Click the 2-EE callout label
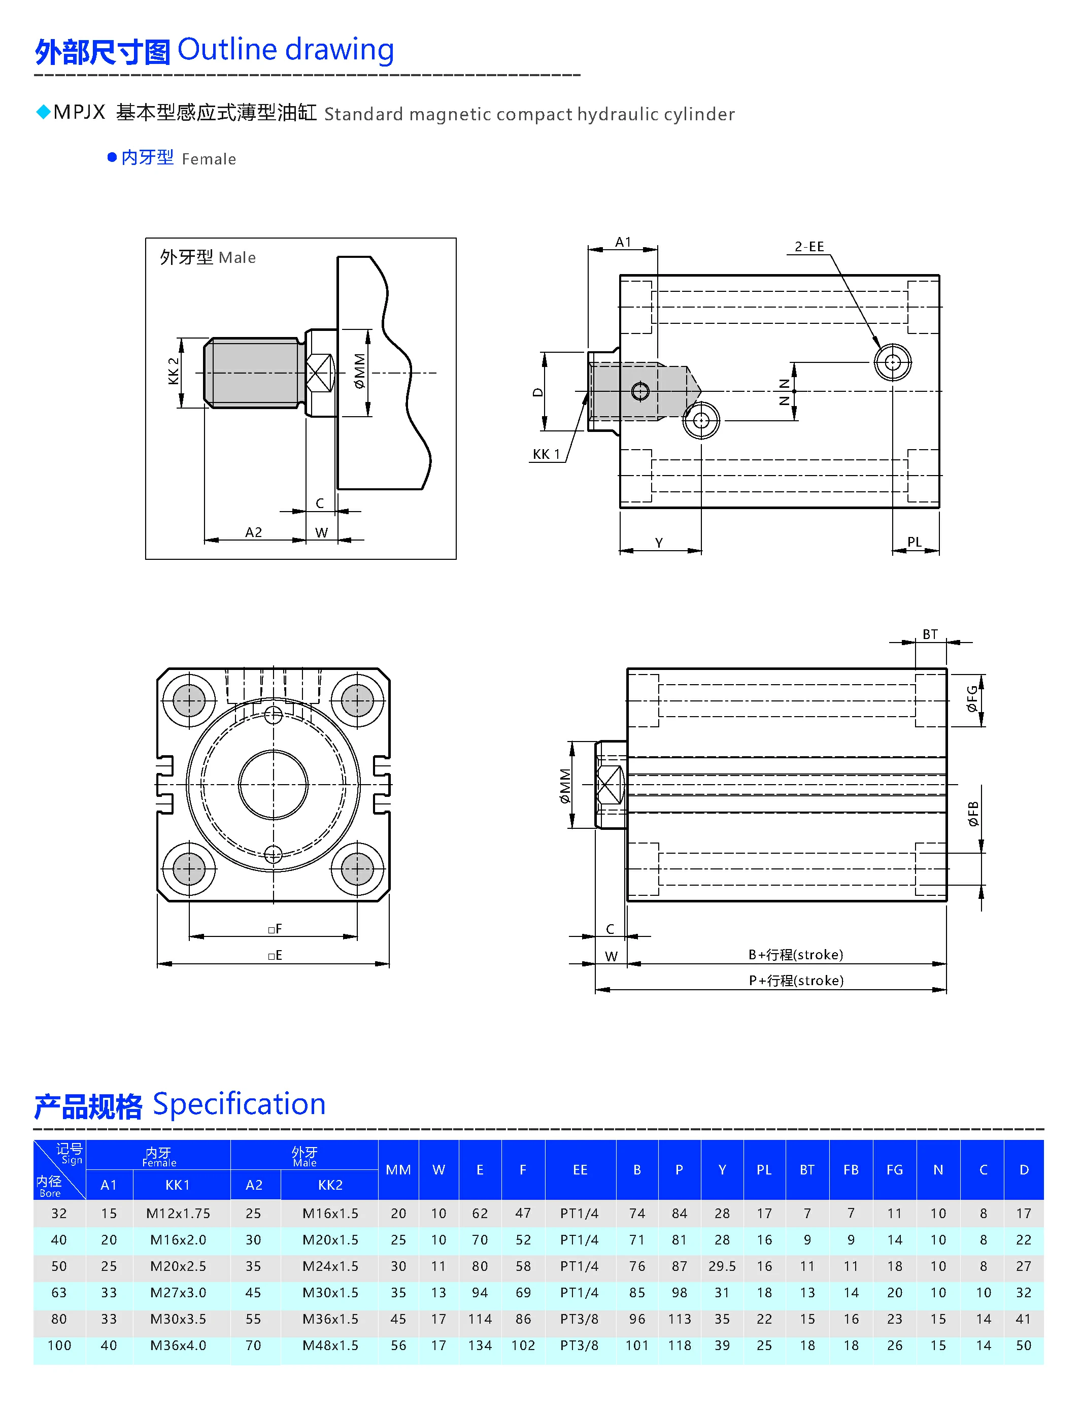(808, 247)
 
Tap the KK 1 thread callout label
(546, 454)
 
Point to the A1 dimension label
(622, 242)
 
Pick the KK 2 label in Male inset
(173, 371)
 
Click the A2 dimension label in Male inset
(253, 532)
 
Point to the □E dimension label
(275, 955)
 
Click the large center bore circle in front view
(273, 785)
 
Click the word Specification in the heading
(239, 1104)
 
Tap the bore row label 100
(59, 1345)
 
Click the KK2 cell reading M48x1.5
(330, 1345)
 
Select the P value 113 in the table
(679, 1319)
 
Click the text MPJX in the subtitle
(79, 113)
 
